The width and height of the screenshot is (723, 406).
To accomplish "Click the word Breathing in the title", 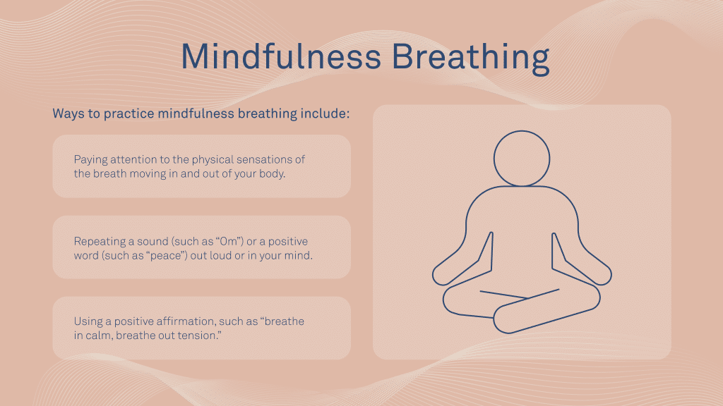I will [471, 58].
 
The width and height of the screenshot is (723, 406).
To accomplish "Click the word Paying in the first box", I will [90, 159].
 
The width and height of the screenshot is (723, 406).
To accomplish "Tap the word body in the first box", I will [272, 173].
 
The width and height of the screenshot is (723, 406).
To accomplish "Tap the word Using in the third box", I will [88, 321].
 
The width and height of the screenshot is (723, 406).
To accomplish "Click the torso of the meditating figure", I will [522, 233].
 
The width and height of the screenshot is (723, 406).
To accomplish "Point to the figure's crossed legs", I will [522, 307].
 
